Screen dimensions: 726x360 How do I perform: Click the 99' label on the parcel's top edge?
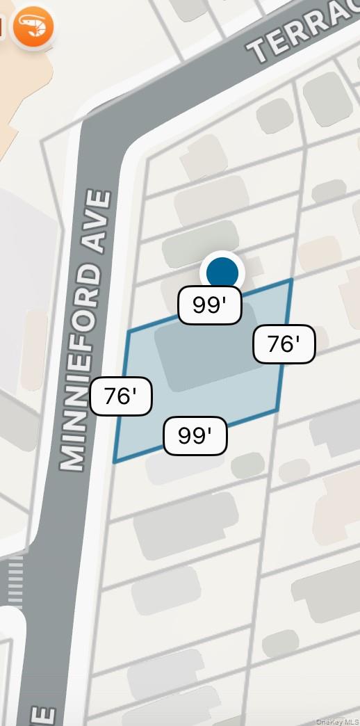point(209,305)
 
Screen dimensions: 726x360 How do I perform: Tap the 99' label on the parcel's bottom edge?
point(195,436)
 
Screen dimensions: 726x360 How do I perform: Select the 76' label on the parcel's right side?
point(284,344)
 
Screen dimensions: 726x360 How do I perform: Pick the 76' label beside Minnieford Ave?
point(120,396)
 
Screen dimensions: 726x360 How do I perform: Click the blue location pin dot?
point(222,272)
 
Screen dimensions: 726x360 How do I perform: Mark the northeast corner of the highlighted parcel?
point(291,280)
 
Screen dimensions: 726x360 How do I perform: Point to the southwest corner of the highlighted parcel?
point(115,462)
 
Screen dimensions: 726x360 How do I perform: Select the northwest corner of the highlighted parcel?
point(129,332)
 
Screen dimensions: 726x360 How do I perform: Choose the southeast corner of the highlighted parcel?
point(277,410)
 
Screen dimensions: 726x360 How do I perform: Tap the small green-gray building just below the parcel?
point(247,465)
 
